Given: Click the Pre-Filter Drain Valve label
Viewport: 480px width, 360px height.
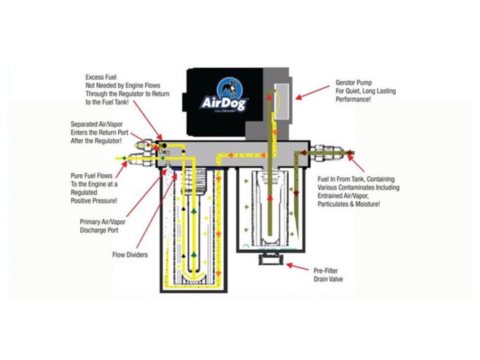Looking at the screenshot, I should click(x=328, y=274).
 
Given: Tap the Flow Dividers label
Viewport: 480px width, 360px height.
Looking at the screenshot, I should click(x=130, y=255).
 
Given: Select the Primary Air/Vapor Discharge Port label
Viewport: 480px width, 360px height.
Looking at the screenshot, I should click(x=102, y=226).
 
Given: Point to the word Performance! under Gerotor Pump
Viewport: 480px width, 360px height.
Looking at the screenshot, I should click(x=353, y=99).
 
